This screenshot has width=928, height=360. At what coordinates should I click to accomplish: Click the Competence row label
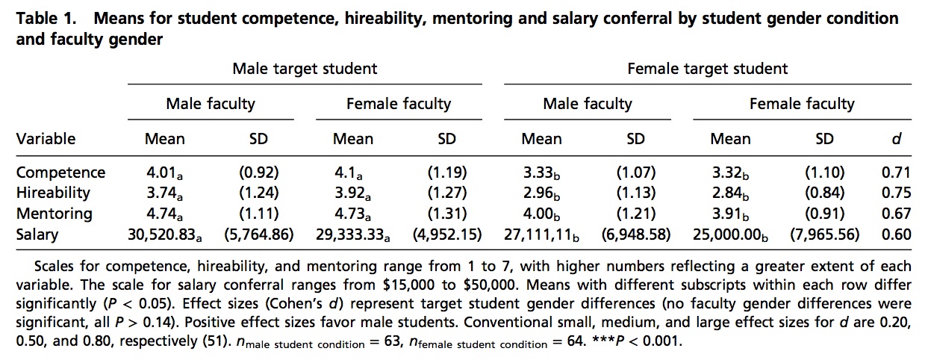point(61,173)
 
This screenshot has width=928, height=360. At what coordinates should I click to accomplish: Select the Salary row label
point(37,235)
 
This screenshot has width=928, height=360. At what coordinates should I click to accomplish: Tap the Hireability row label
point(53,193)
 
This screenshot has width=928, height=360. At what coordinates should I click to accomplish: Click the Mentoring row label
point(55,214)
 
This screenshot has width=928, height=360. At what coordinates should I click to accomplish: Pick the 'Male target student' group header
point(305,69)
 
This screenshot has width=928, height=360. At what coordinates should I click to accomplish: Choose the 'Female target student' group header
point(707,69)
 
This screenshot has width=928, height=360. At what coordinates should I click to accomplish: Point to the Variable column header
point(46,138)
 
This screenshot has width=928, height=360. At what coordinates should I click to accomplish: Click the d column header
point(897,138)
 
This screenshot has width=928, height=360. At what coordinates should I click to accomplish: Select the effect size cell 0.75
point(896,193)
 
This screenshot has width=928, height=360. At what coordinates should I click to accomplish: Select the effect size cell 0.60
point(896,235)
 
